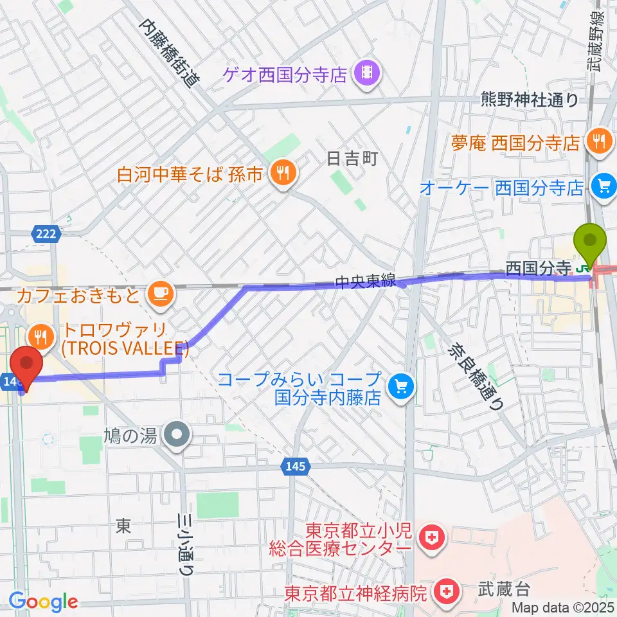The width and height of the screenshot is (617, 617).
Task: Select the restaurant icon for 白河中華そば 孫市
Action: coord(281,172)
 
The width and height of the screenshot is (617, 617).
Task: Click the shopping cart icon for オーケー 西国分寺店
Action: coord(604,187)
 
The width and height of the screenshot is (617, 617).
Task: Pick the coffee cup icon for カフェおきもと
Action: coord(159,295)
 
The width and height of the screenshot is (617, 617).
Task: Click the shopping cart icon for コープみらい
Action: coord(402,387)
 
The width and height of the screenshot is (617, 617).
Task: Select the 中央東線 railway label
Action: coord(362,282)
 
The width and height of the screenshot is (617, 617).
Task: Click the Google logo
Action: coord(44,602)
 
